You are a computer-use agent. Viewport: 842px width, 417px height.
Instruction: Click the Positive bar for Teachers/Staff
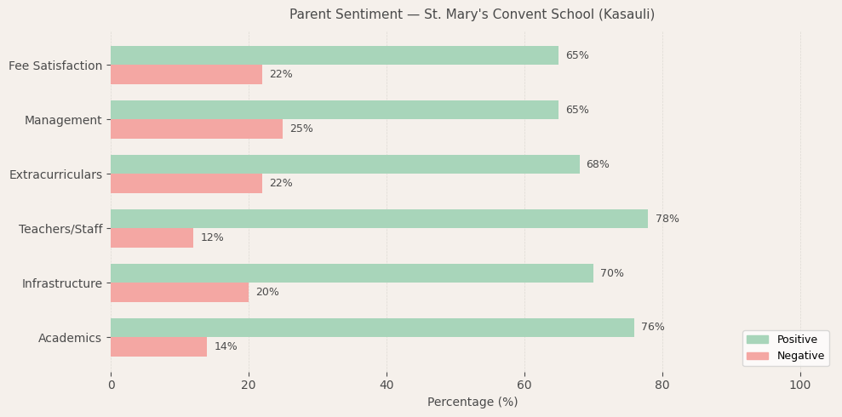pos(379,219)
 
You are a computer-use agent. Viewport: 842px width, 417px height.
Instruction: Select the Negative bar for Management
pos(197,129)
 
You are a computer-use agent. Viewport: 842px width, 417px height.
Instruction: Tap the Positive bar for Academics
pos(372,328)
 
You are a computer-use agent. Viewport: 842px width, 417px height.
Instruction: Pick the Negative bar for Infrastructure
pos(180,293)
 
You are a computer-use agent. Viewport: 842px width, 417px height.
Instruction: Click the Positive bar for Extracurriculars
pos(345,164)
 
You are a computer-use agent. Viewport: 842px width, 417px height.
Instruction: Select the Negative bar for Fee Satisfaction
pos(186,75)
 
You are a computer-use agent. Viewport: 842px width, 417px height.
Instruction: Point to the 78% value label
pos(667,220)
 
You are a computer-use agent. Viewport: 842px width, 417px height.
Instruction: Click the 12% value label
pos(212,238)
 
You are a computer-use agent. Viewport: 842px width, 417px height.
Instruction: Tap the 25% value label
pos(301,129)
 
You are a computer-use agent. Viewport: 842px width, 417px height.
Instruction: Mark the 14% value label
pos(226,347)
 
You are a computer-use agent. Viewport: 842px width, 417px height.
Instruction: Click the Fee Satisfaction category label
pos(55,66)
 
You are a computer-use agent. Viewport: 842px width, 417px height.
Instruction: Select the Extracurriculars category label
pos(55,174)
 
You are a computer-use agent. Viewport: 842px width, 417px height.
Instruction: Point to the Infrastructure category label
pos(61,283)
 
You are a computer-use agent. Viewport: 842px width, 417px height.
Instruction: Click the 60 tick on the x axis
pos(524,385)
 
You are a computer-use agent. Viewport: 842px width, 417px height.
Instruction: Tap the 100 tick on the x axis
pos(800,385)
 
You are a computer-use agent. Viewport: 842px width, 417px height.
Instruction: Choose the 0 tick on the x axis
pos(111,385)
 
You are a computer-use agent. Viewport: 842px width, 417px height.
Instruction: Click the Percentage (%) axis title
pos(472,402)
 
